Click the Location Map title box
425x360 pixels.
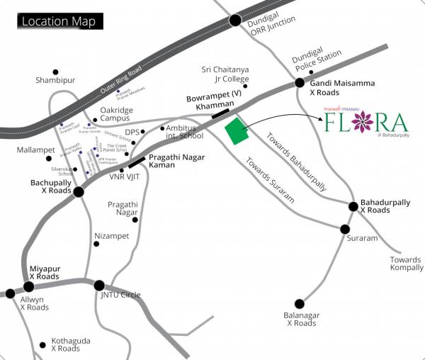coord(60,21)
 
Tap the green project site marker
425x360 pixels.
coord(236,132)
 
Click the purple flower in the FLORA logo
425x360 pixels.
coord(365,122)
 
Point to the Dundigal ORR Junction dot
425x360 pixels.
coord(235,21)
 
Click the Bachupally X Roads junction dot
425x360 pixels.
coord(79,191)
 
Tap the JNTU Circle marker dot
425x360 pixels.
coord(99,286)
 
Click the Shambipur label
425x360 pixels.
coord(55,81)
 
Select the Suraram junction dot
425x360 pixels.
coord(345,230)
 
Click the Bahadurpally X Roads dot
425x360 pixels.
coord(353,206)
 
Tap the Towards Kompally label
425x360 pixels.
coord(406,264)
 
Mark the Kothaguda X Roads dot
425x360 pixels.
coord(45,340)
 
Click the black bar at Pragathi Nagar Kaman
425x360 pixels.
coord(137,162)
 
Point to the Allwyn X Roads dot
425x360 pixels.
coord(10,293)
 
